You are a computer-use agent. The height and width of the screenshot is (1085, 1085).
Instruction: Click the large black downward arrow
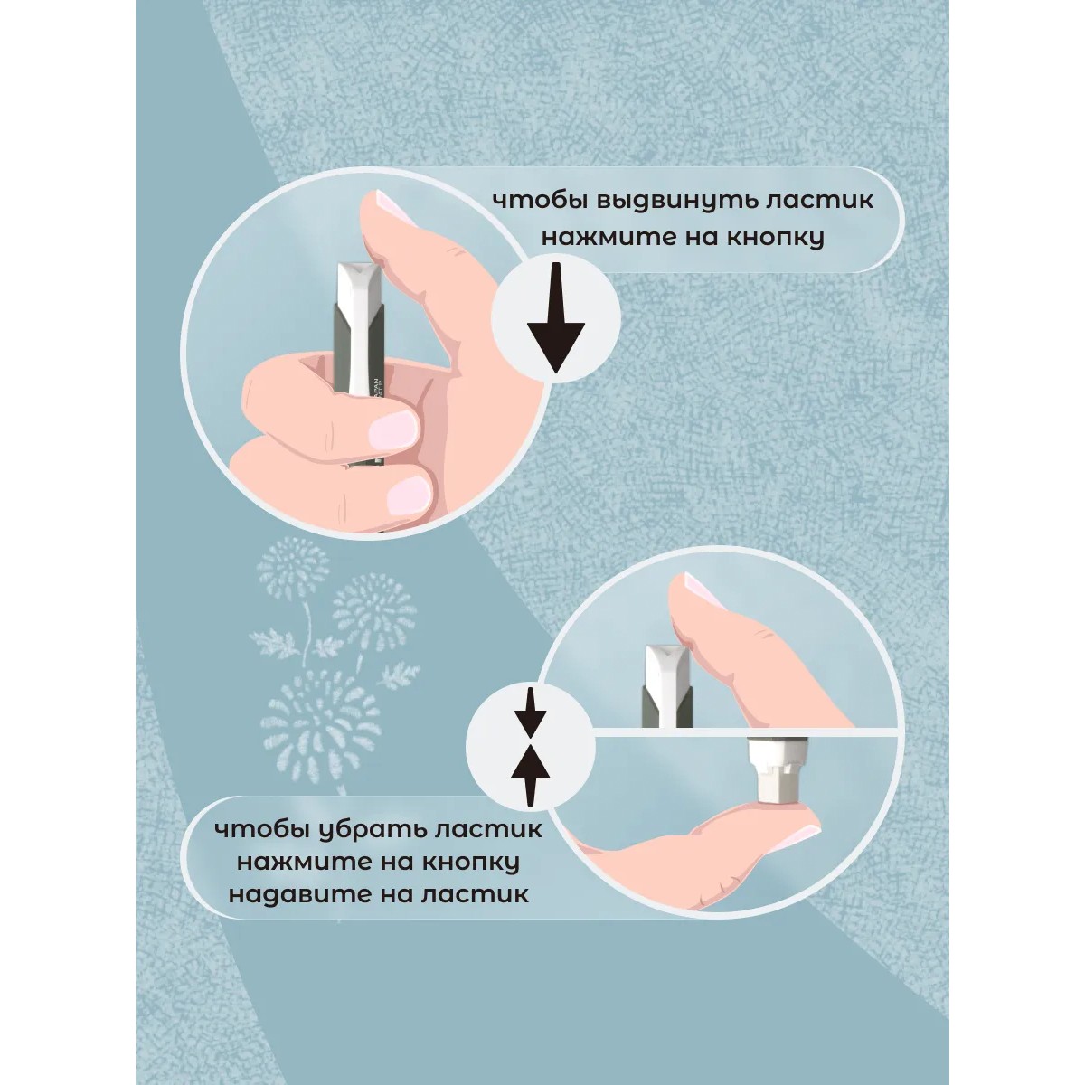556,317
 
